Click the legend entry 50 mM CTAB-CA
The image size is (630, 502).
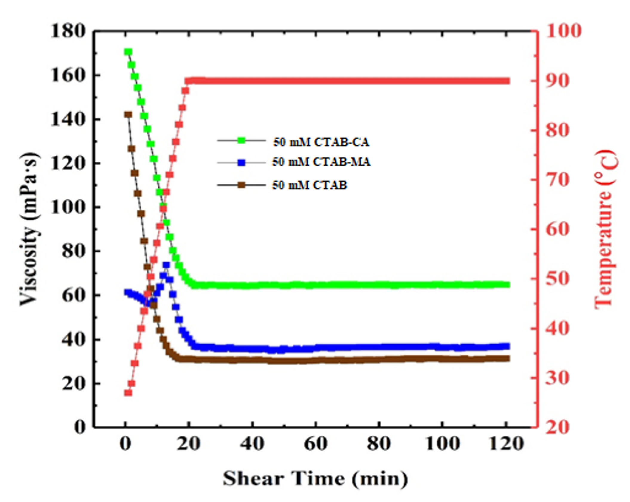(x=321, y=142)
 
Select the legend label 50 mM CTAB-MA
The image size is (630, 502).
(x=321, y=162)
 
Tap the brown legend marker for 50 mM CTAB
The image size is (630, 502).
(x=241, y=185)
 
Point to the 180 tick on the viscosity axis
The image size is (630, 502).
(x=68, y=31)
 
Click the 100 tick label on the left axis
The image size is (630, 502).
(x=68, y=207)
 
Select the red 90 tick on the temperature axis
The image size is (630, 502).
(x=557, y=81)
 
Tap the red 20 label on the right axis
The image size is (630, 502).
(x=557, y=428)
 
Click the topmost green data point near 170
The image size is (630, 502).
(x=128, y=52)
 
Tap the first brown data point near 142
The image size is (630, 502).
(x=128, y=114)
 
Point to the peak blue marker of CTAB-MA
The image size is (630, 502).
(x=166, y=265)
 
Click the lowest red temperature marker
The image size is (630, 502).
(x=128, y=393)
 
